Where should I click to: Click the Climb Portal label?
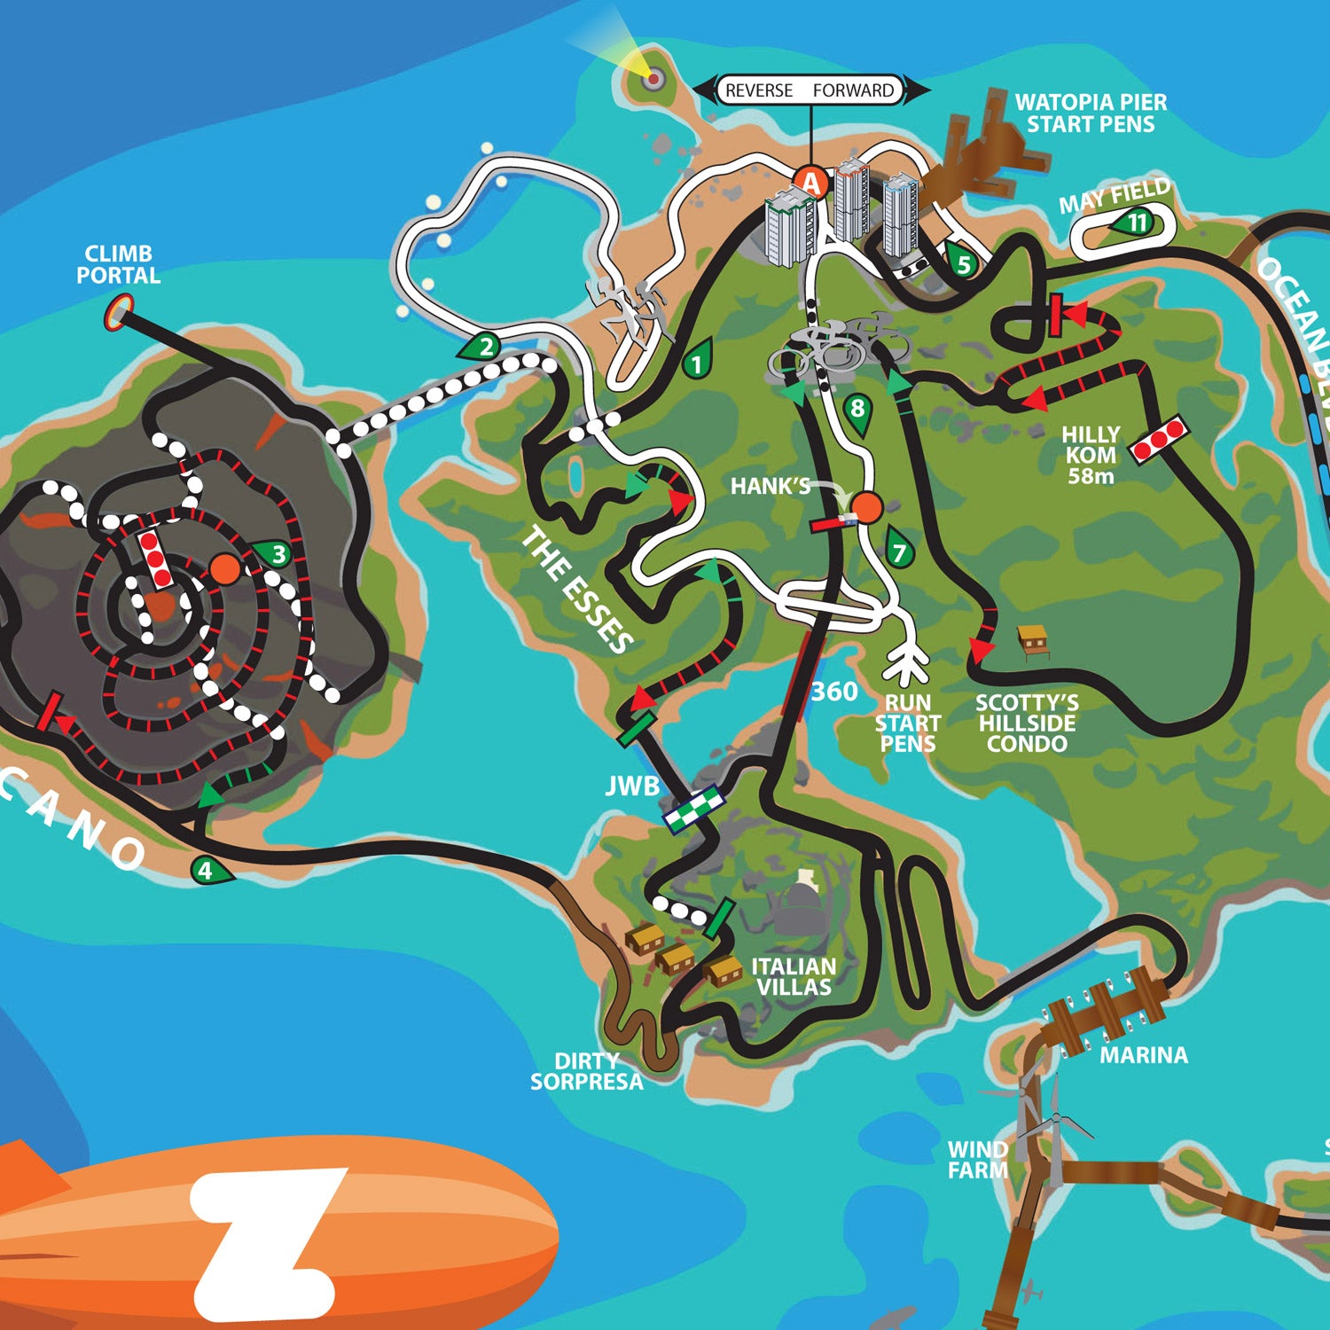118,264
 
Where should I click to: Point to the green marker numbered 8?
857,410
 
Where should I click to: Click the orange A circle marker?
810,183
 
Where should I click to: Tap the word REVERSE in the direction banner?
758,90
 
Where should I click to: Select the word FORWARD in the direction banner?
853,90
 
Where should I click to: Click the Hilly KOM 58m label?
1091,455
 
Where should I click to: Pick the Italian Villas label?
794,976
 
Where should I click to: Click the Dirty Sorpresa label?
587,1071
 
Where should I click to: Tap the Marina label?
1144,1055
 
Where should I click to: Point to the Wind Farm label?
978,1160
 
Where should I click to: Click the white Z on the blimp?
266,1241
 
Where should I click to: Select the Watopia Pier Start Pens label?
1091,113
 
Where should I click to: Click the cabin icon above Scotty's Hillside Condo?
1032,638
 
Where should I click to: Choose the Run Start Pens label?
907,724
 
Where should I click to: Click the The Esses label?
577,589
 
